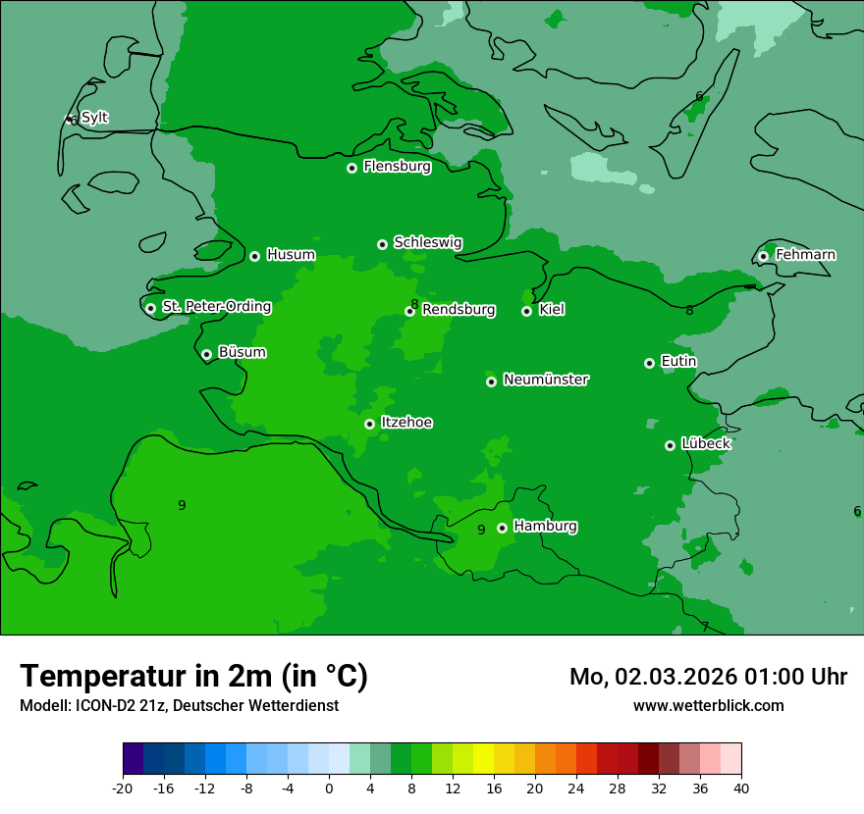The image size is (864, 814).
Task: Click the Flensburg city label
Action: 397,167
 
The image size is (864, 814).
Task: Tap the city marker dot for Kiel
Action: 526,311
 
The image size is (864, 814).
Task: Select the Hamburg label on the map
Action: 545,527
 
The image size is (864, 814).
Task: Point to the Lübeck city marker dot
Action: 670,445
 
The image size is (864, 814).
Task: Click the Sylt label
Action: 94,118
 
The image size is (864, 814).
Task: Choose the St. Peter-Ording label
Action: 216,307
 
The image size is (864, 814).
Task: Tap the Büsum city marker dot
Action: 206,355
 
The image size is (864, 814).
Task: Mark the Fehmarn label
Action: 805,255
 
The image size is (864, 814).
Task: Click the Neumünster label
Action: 546,380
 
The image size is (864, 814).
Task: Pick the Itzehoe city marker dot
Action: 369,425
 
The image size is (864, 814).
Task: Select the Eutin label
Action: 678,362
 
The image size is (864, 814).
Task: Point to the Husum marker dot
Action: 254,256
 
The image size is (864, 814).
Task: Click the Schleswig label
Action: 427,242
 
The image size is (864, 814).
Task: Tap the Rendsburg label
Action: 459,310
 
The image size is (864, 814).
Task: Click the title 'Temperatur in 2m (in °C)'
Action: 193,677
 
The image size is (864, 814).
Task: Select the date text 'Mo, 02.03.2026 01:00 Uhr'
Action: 708,677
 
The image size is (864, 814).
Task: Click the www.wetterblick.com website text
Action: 708,705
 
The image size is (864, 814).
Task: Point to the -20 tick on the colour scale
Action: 123,788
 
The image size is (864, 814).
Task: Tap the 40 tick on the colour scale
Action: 741,788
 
